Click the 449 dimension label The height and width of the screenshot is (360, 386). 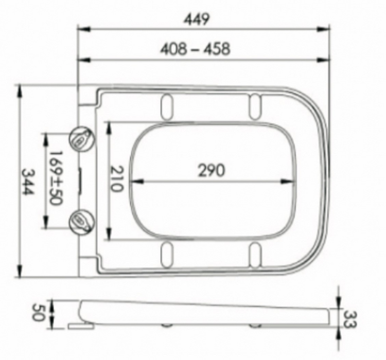point(197,19)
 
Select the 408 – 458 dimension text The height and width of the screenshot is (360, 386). point(195,49)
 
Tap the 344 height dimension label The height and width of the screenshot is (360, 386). point(27,182)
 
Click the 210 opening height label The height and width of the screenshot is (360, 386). point(116,178)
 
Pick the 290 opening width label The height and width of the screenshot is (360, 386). point(212,170)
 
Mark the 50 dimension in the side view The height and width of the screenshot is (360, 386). point(38,313)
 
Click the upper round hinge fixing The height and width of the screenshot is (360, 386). point(82,138)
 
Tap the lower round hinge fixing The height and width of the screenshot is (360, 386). point(82,222)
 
